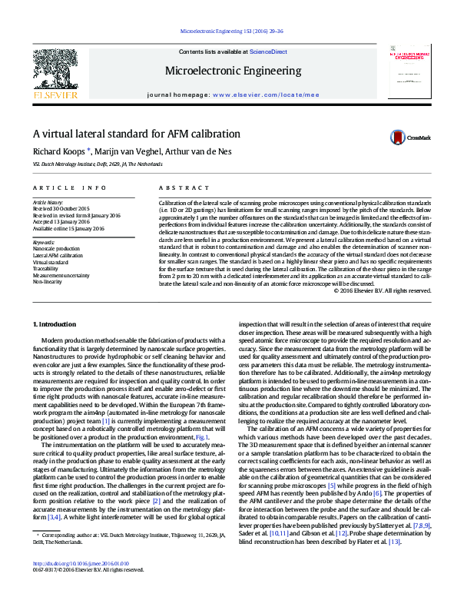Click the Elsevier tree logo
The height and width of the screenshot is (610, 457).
tap(55, 71)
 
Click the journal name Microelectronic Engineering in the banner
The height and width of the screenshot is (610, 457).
tap(233, 71)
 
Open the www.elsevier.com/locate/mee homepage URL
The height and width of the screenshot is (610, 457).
tap(266, 94)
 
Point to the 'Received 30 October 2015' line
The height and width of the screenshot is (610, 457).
tap(61, 208)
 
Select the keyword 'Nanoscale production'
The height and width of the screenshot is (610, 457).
tap(56, 249)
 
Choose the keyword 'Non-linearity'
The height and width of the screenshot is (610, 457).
tap(48, 281)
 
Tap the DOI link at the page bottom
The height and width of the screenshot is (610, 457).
tap(75, 585)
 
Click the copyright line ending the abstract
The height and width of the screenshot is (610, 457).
tap(383, 290)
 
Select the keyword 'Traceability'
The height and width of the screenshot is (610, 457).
tap(45, 268)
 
